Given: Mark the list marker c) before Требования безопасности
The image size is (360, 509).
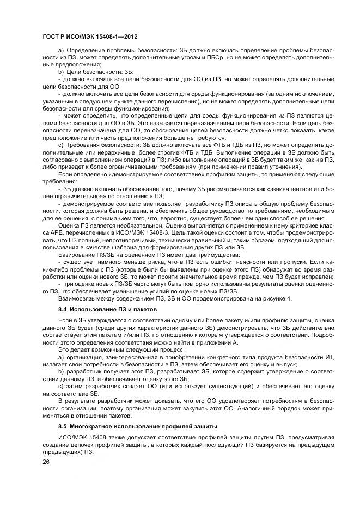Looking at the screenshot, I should pyautogui.click(x=60, y=146).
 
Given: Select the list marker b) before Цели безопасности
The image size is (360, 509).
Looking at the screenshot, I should pyautogui.click(x=60, y=71).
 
